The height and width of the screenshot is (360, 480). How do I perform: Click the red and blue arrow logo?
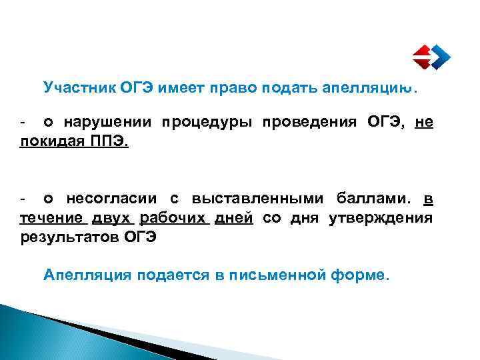(x=429, y=57)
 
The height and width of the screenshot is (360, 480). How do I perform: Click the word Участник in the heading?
(x=79, y=88)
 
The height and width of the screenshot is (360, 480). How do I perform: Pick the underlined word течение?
(x=53, y=218)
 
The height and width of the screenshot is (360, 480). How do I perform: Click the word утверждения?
(x=381, y=218)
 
